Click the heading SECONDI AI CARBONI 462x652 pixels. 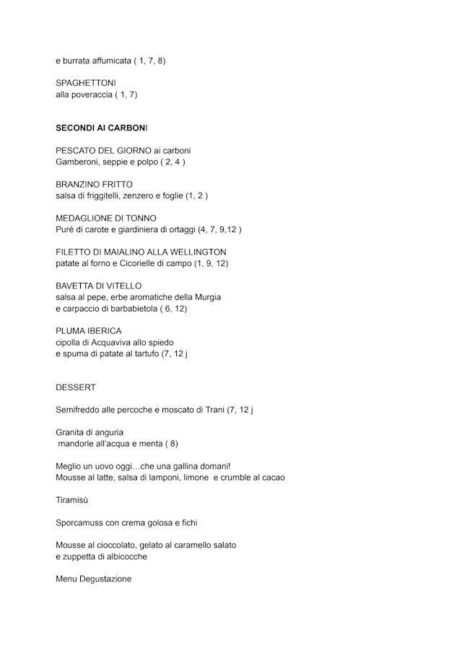(101, 128)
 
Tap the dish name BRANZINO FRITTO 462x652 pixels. (95, 184)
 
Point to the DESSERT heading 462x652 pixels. (76, 387)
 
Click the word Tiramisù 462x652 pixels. (71, 499)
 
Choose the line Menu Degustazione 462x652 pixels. (94, 578)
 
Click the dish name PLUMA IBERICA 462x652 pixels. (89, 330)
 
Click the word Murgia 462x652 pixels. (206, 296)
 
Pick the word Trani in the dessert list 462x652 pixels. (211, 410)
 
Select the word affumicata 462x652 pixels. (108, 61)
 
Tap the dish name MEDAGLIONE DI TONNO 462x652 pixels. (106, 218)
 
